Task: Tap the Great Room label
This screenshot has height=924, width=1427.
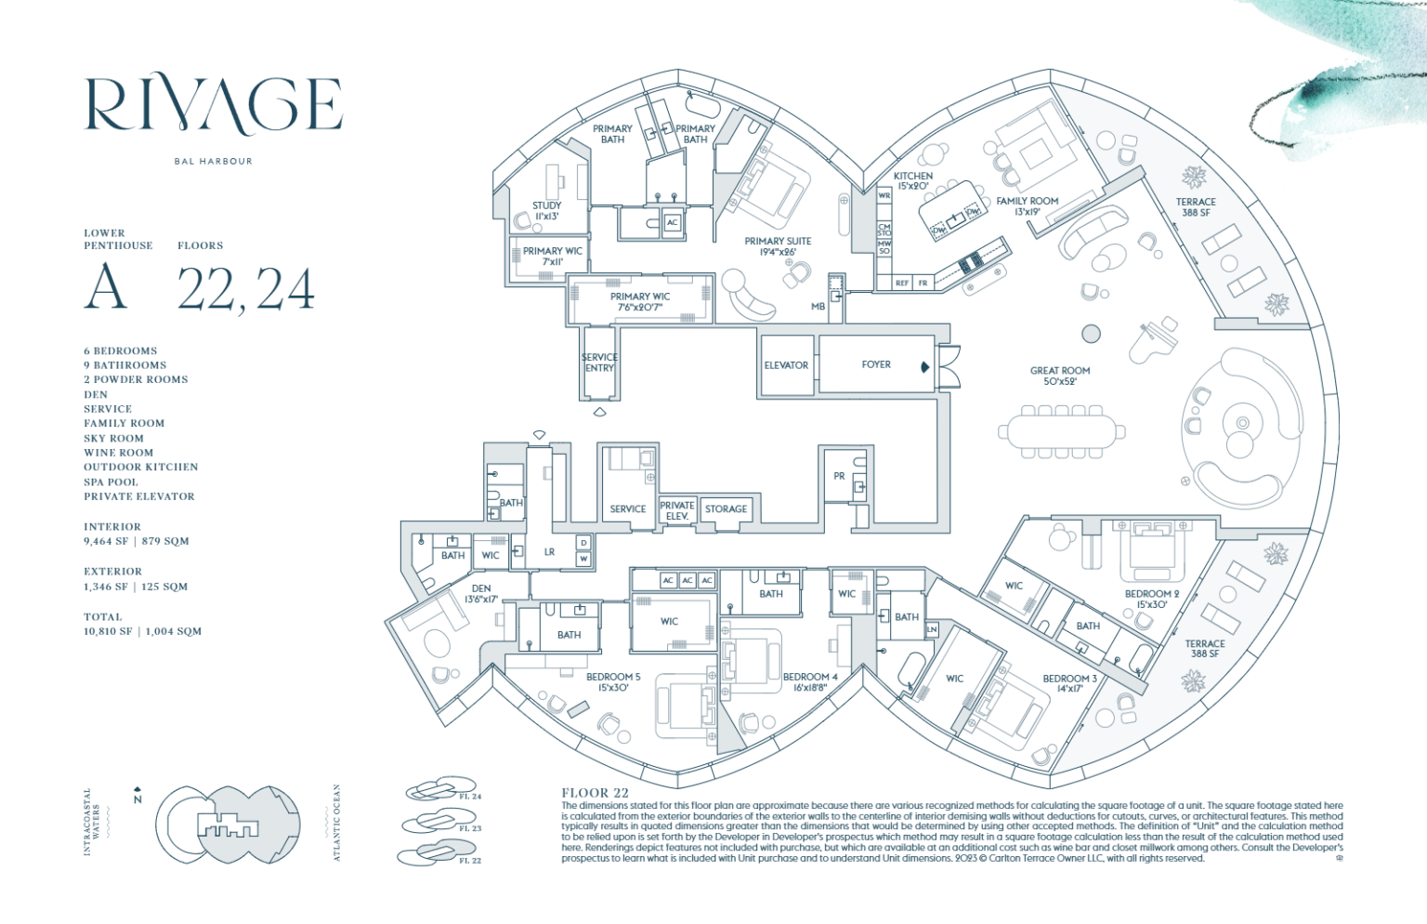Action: pos(1060,376)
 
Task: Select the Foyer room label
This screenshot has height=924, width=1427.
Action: pos(875,364)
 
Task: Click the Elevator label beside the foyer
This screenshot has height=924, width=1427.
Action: pos(786,365)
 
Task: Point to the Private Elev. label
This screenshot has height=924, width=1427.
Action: pos(676,510)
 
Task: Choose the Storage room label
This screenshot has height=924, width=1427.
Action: pos(726,509)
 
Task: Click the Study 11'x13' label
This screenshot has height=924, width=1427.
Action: pos(546,211)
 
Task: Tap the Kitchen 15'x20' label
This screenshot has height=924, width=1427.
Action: pos(912,180)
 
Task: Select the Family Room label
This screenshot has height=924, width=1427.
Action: pos(1027,205)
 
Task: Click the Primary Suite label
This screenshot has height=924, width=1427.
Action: pos(778,246)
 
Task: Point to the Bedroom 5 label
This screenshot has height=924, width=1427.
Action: pos(613,682)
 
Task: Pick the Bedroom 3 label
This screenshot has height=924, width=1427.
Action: pos(1069,683)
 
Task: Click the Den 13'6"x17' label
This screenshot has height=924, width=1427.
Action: pos(481,594)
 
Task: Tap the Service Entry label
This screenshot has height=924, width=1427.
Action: pos(599,363)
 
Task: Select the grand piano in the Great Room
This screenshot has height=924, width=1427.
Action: pos(1152,339)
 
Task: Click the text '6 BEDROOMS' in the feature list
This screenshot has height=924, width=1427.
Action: pos(121,351)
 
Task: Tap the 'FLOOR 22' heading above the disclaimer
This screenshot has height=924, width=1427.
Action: pos(595,793)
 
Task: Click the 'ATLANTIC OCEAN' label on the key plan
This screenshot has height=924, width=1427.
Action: pos(337,823)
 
